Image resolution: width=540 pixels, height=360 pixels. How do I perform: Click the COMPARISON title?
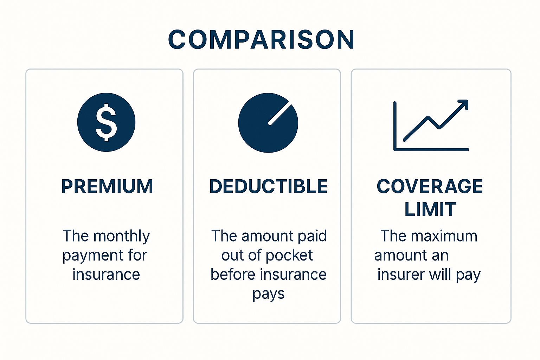tap(261, 39)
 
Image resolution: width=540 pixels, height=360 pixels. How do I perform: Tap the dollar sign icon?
tap(106, 122)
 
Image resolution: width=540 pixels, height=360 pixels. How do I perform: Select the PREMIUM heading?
tap(107, 186)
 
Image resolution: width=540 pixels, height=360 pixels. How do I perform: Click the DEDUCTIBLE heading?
tap(268, 186)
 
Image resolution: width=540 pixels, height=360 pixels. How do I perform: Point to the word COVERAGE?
tap(430, 186)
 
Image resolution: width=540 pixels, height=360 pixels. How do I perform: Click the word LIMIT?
tap(431, 209)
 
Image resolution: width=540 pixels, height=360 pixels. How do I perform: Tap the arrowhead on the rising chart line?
tap(463, 104)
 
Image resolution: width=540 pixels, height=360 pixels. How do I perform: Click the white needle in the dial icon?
tap(280, 115)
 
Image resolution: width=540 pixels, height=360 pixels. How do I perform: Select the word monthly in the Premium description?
tap(122, 236)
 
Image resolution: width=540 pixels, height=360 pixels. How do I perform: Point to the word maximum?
tap(444, 236)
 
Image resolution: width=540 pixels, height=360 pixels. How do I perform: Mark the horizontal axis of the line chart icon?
tap(431, 150)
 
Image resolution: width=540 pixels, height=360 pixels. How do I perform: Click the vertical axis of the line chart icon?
tap(395, 126)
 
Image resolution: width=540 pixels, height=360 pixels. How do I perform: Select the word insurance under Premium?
tap(106, 275)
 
